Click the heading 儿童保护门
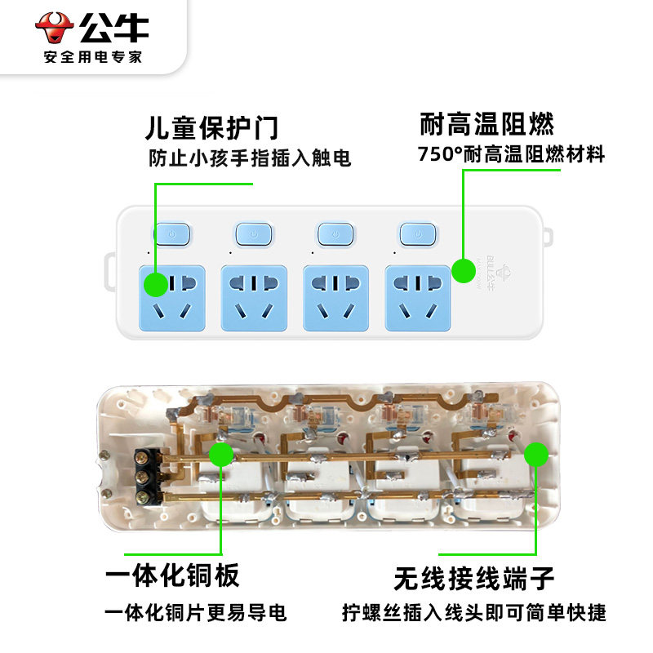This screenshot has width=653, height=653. [211, 127]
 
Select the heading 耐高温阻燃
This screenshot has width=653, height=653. [486, 124]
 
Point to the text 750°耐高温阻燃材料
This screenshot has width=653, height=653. [511, 153]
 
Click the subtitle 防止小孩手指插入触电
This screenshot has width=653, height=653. [249, 158]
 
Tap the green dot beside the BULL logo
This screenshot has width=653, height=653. [464, 270]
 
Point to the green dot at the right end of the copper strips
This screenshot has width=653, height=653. [536, 455]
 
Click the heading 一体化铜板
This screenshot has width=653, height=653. [172, 575]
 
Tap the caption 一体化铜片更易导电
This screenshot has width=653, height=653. [196, 613]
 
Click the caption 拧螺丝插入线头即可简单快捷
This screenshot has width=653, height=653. [474, 613]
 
